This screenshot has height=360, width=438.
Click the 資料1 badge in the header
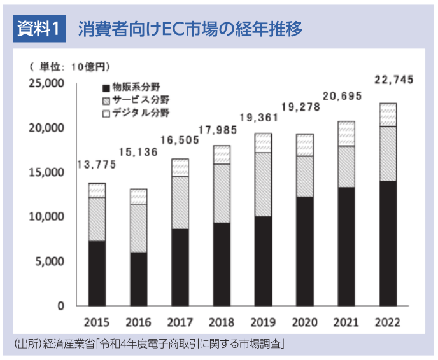tap(39, 29)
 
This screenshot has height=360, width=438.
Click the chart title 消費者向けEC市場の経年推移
tap(190, 29)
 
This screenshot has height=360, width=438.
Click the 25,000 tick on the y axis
tap(46, 83)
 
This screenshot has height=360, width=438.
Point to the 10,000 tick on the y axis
tap(46, 217)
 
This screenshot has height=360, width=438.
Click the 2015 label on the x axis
tap(97, 322)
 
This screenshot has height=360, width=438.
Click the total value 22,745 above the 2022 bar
tap(395, 80)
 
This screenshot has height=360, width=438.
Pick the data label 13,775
tap(96, 165)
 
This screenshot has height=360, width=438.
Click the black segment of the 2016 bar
tap(138, 279)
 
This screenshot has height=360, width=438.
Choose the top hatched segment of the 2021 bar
tap(346, 134)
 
